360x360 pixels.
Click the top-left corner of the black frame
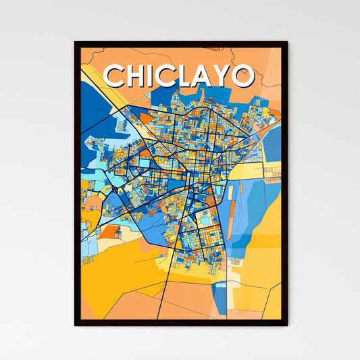(76, 43)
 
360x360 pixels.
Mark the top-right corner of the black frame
(286, 43)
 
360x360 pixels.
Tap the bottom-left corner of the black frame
(76, 325)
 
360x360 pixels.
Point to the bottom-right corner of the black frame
(286, 325)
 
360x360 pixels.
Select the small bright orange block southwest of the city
(108, 232)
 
